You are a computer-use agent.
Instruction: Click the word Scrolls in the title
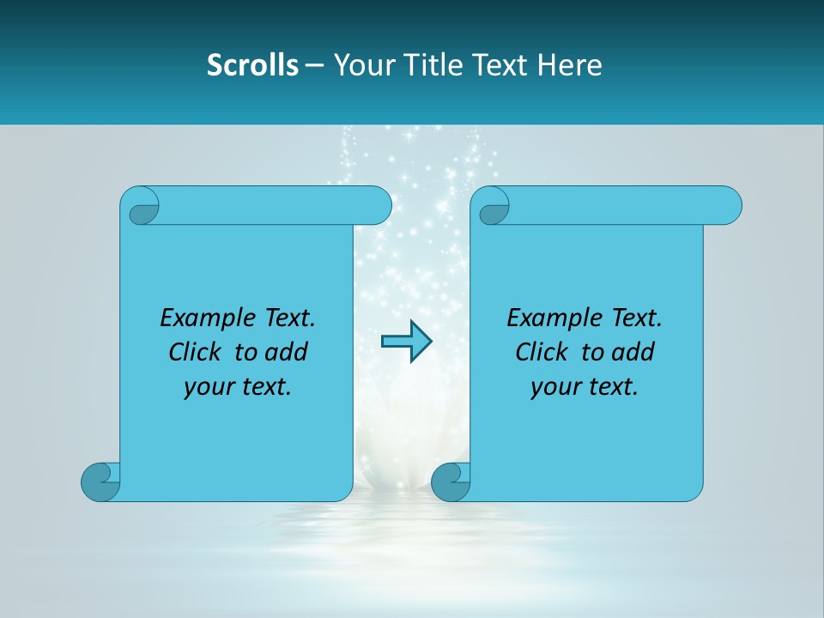coord(253,65)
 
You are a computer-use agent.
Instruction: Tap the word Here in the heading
coord(569,65)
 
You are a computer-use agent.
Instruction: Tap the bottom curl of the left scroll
coord(100,481)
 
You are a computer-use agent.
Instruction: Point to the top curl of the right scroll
coord(493,207)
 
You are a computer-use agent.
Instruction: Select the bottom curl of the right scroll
coord(450,481)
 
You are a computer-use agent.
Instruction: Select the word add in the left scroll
coord(287,353)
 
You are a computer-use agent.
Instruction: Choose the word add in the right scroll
coord(633,353)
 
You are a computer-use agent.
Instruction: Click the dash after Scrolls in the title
coord(314,65)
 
